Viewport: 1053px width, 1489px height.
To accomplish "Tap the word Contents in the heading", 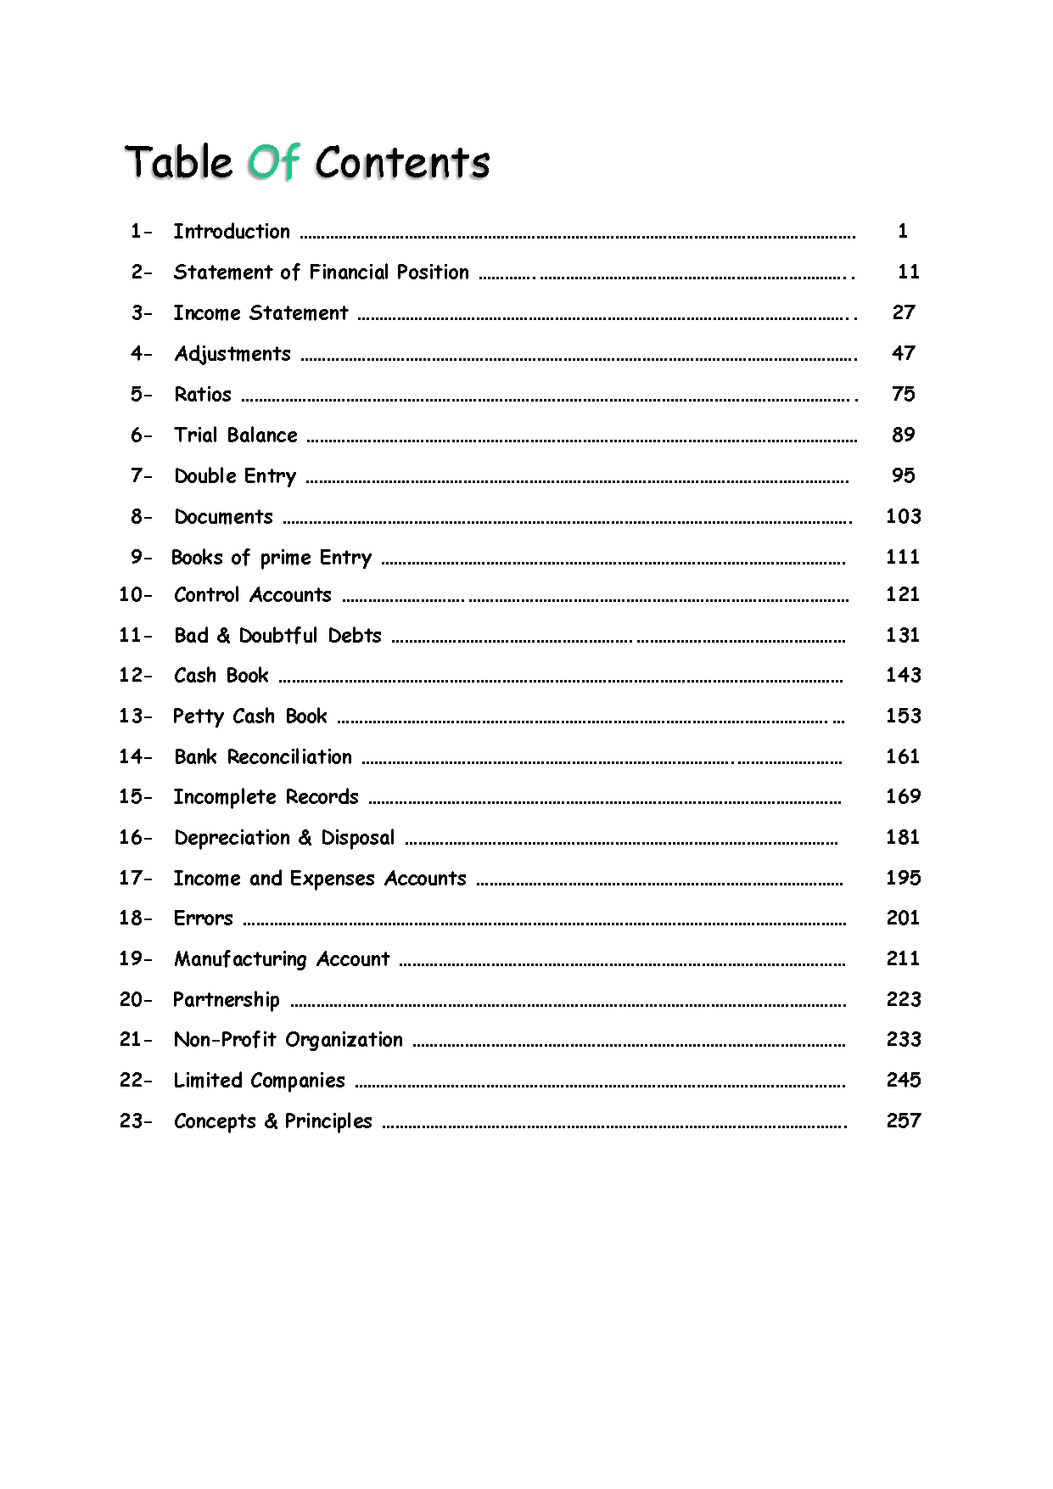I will (x=402, y=162).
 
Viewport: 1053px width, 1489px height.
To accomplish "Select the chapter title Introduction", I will (x=232, y=231).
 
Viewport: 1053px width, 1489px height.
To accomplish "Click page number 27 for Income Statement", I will (x=904, y=312).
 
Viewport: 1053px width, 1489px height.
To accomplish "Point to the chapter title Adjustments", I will (x=232, y=354).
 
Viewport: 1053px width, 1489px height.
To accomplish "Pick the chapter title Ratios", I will (x=203, y=394).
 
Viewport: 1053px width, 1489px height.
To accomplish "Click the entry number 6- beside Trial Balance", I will (x=142, y=435).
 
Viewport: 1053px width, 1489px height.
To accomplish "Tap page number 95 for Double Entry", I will (x=904, y=475).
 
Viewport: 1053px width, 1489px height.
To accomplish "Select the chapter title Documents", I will (x=224, y=517).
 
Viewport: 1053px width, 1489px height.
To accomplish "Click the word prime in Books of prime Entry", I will (x=285, y=558).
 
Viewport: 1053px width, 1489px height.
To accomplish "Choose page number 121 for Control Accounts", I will (x=903, y=594).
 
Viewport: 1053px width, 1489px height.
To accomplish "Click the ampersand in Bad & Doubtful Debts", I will (x=224, y=636).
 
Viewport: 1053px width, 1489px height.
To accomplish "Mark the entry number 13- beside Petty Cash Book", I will (x=136, y=716).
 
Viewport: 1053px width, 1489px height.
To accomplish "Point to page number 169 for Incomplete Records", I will (x=904, y=796).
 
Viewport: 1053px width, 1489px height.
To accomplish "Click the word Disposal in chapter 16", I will (x=357, y=838).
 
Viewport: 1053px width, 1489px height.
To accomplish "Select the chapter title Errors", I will (x=203, y=919).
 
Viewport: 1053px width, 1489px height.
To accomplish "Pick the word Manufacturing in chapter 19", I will (x=240, y=959).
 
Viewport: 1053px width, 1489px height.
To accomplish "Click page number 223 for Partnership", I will (x=904, y=999).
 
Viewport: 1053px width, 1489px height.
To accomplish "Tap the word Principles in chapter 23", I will (x=328, y=1121).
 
